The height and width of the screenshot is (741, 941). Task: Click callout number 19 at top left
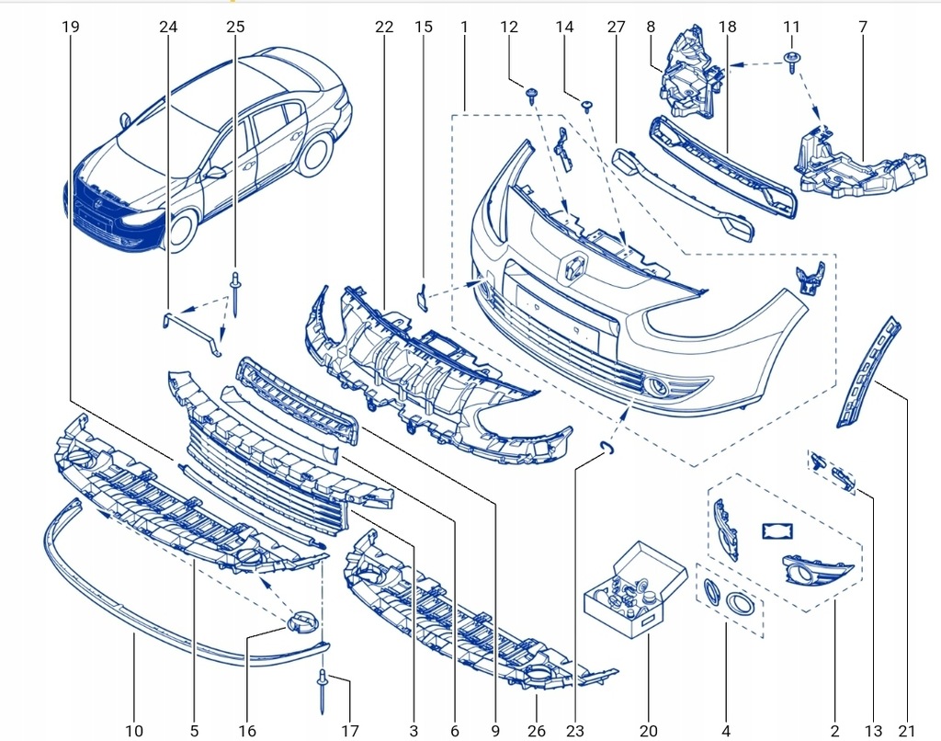(71, 28)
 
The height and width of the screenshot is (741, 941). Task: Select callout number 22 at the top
(384, 28)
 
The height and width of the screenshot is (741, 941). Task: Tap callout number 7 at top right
(863, 28)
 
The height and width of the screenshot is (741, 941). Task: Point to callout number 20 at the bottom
(649, 731)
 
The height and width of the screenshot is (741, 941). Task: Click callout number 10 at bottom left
(134, 731)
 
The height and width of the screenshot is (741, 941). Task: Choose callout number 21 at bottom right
(908, 731)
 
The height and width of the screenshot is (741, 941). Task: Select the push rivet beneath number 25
(235, 292)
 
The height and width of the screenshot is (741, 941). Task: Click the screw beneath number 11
(790, 63)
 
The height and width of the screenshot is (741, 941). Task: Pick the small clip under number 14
(587, 107)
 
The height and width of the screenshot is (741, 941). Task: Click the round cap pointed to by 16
(300, 621)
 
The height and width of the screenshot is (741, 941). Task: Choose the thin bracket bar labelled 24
(193, 325)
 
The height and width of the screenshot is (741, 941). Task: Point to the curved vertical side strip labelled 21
(867, 372)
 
